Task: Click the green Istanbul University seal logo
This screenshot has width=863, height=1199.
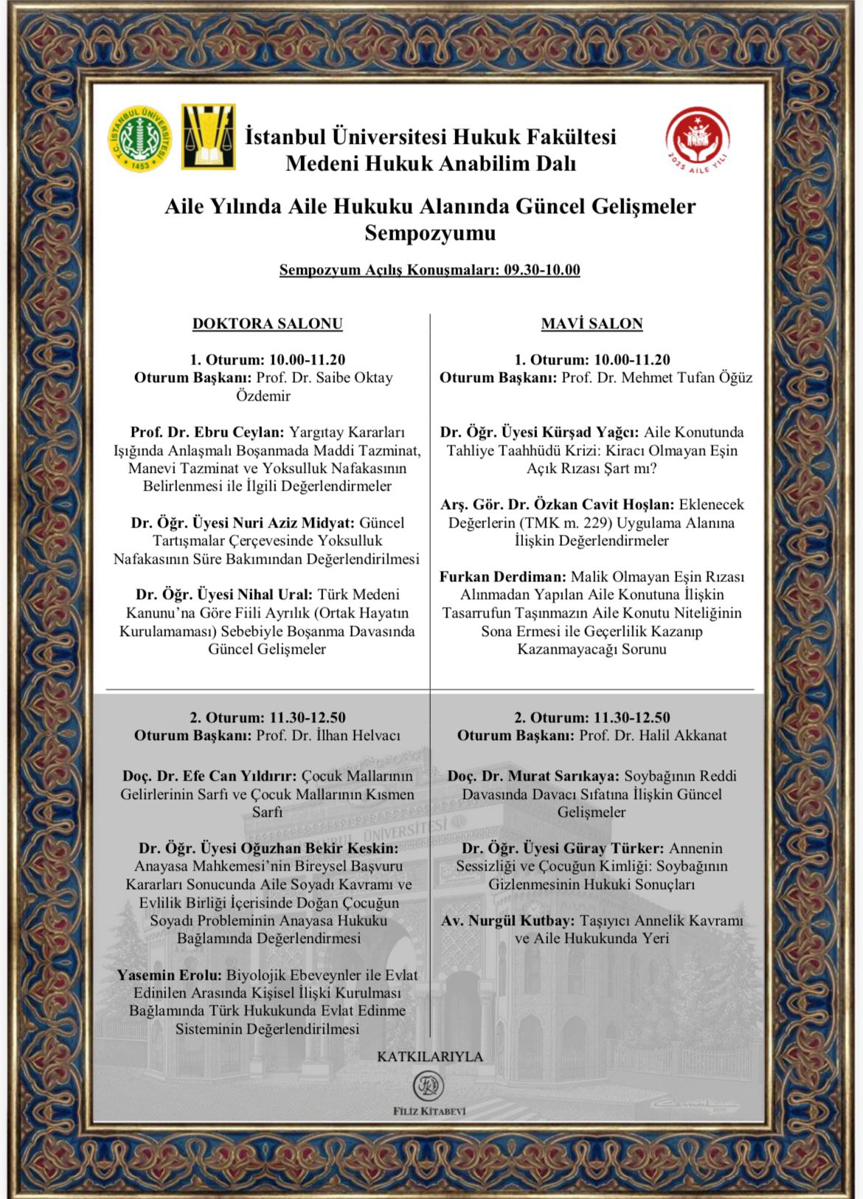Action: pyautogui.click(x=140, y=138)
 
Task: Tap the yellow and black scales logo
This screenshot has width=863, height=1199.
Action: pyautogui.click(x=209, y=137)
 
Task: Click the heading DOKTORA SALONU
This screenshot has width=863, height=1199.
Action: pyautogui.click(x=267, y=323)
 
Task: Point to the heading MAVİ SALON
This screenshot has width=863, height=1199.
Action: pyautogui.click(x=592, y=323)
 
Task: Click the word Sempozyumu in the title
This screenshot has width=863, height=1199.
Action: pyautogui.click(x=430, y=233)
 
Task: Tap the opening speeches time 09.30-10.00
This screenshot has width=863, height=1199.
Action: pyautogui.click(x=542, y=270)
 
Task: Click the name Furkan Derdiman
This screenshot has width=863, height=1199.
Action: pyautogui.click(x=503, y=577)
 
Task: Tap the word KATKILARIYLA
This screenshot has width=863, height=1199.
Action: pyautogui.click(x=430, y=1057)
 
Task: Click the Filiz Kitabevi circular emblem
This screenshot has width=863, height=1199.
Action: pyautogui.click(x=429, y=1086)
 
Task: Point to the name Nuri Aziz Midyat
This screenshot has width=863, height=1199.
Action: pyautogui.click(x=294, y=523)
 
